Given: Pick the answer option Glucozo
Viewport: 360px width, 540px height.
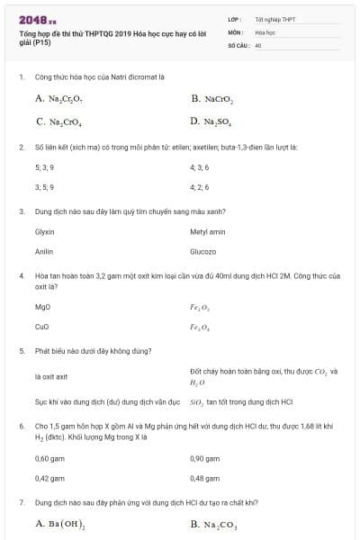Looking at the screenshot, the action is click(x=203, y=251).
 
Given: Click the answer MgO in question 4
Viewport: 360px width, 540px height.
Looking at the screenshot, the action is click(x=42, y=306).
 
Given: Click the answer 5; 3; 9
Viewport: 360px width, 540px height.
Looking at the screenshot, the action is click(x=44, y=166).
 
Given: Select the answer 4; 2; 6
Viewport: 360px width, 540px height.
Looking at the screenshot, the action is click(x=199, y=186).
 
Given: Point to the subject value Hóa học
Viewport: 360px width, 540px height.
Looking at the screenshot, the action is click(x=265, y=31).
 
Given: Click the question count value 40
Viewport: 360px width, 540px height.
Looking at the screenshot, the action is click(x=258, y=44).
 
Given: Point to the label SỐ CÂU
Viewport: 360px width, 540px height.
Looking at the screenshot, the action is click(x=237, y=44).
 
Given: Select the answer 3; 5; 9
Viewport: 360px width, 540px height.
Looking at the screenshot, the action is click(x=44, y=186).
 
